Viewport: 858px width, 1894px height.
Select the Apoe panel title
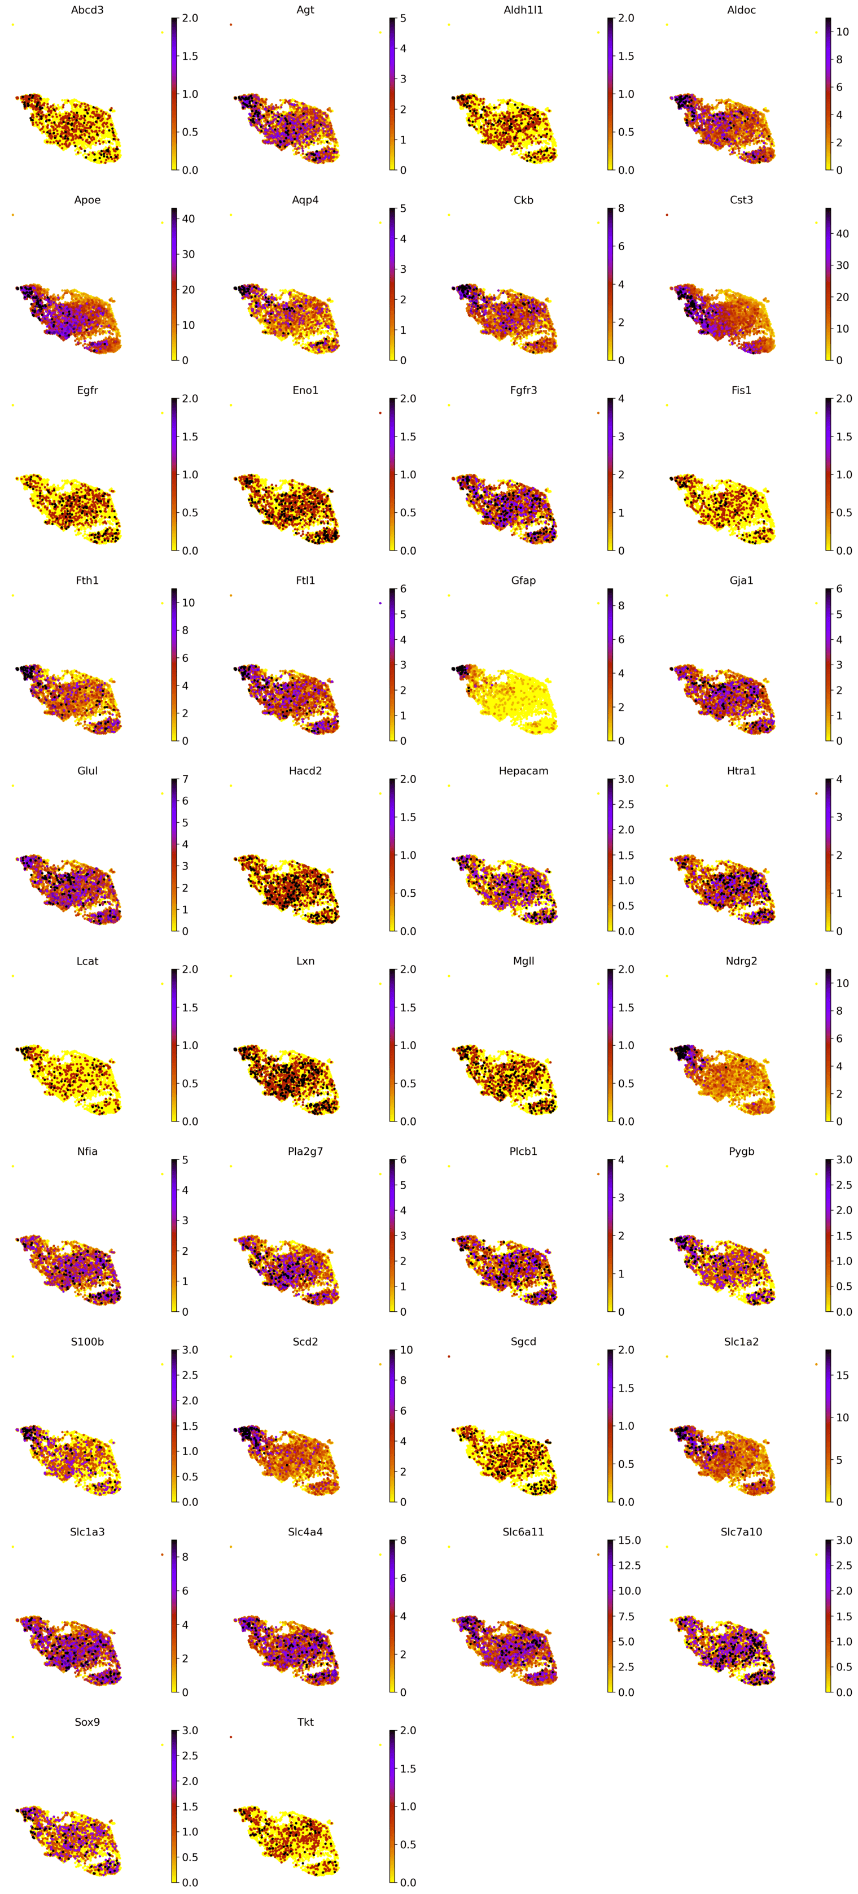click(x=87, y=200)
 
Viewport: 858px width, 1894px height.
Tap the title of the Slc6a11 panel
click(x=523, y=1531)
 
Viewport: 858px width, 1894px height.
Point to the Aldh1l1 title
click(x=523, y=10)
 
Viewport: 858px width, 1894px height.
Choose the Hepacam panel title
click(x=523, y=771)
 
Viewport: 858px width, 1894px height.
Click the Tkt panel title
click(x=305, y=1722)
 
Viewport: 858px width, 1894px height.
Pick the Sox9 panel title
click(x=87, y=1722)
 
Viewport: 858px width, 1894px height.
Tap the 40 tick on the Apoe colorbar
click(x=188, y=219)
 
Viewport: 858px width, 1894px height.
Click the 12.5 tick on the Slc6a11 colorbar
click(x=629, y=1565)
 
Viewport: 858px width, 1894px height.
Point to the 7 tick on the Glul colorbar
click(x=185, y=779)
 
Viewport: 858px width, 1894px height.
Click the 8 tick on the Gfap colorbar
click(x=620, y=606)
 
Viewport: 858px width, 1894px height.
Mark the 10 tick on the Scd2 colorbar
click(x=406, y=1350)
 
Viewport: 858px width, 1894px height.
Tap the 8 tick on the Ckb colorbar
click(x=620, y=208)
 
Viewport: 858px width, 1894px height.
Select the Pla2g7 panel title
click(x=305, y=1151)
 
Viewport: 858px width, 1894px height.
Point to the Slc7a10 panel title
click(x=741, y=1531)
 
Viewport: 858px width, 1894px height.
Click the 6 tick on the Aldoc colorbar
click(x=839, y=87)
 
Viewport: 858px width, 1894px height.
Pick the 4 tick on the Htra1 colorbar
click(x=839, y=779)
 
